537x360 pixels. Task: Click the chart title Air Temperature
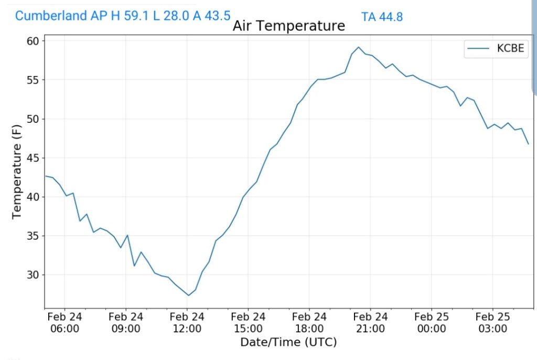click(288, 26)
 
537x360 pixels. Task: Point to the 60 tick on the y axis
click(34, 41)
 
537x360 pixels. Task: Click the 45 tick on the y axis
click(34, 158)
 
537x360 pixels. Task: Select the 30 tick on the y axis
click(34, 275)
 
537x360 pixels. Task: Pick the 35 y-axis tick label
click(34, 236)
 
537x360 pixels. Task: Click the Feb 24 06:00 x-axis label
click(65, 323)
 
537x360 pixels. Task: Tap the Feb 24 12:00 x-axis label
click(187, 323)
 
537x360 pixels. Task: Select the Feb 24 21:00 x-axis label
click(370, 323)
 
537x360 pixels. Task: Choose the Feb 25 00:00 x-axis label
click(431, 323)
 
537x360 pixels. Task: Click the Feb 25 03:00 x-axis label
click(492, 323)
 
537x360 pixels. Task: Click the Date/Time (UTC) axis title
click(288, 343)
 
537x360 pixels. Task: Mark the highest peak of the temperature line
click(358, 47)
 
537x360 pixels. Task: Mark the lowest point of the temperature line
click(188, 295)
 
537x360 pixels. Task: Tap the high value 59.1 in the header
click(135, 16)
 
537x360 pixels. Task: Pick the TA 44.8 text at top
click(382, 17)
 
